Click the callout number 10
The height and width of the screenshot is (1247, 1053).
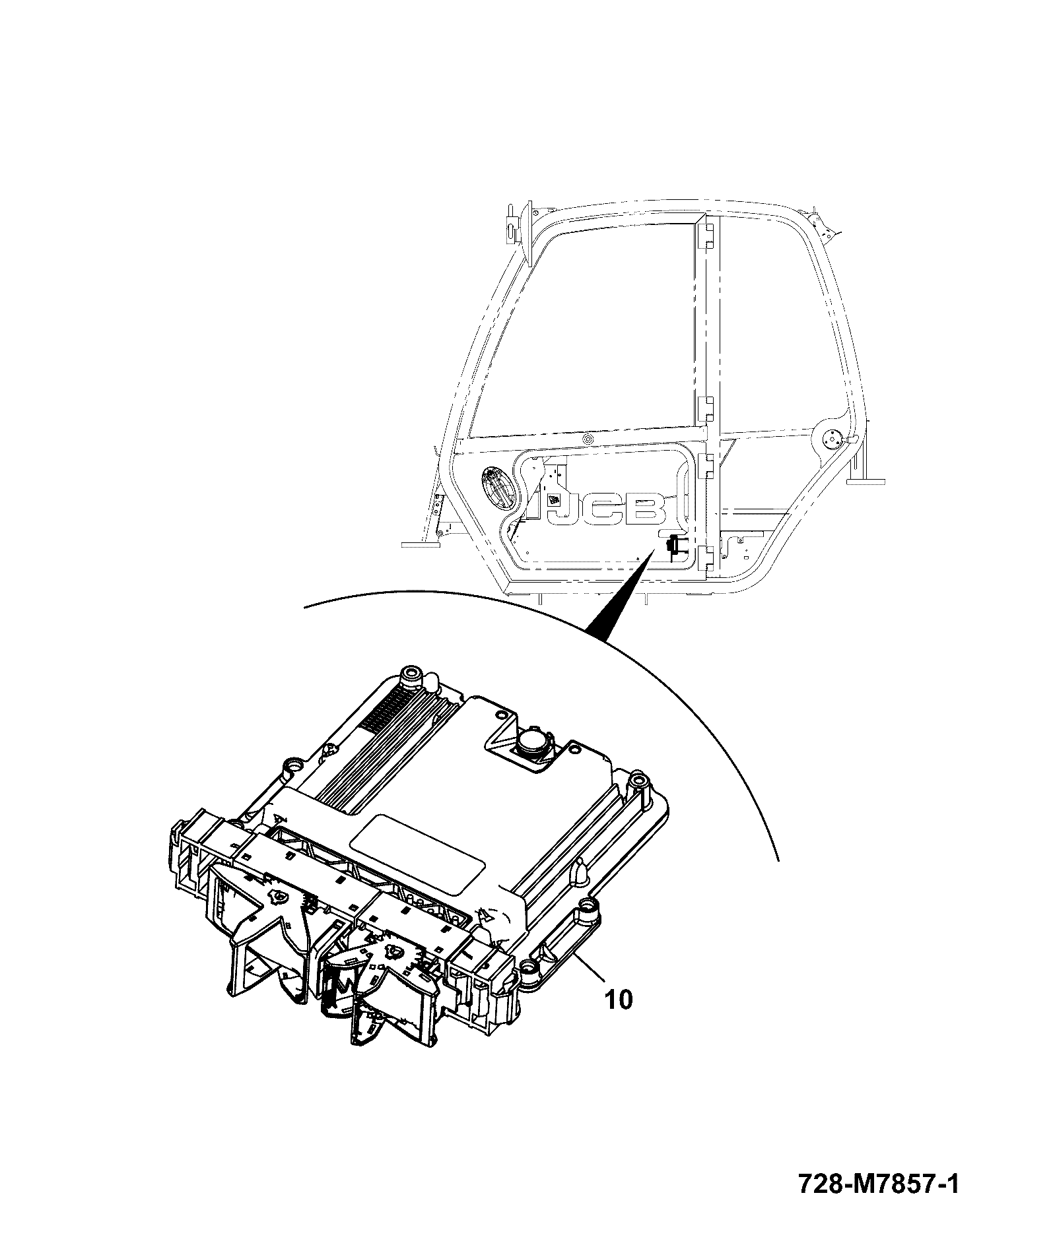(x=619, y=1017)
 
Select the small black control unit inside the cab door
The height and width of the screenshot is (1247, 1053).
(x=675, y=546)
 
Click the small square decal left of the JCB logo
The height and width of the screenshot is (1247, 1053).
(x=556, y=500)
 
